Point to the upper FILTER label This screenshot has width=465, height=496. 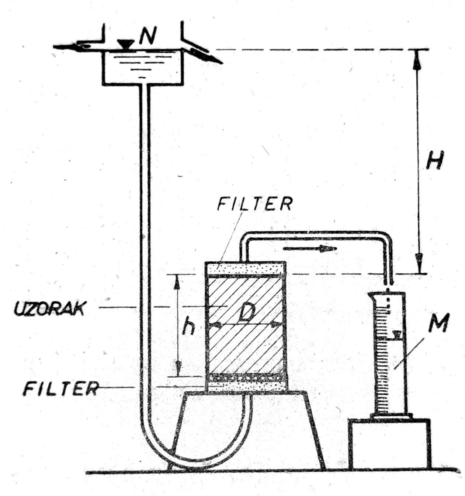click(255, 203)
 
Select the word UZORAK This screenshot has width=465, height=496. click(49, 309)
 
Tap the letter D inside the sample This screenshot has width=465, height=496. click(244, 314)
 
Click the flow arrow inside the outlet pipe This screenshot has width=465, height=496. click(310, 249)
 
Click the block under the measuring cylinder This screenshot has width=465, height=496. click(389, 444)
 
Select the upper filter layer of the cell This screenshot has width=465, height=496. click(246, 268)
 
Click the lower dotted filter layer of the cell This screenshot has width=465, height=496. click(246, 383)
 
